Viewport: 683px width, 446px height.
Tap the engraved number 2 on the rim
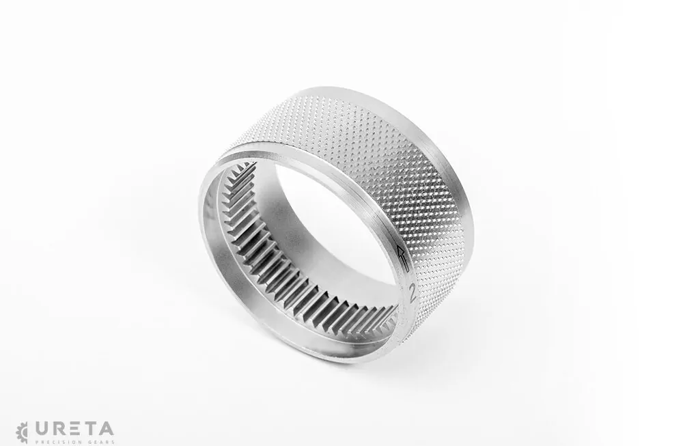(412, 294)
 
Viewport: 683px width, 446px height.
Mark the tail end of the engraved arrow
(407, 271)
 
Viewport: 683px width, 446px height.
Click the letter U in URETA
(42, 429)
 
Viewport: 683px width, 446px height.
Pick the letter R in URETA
(59, 429)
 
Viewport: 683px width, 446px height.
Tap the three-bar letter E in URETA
(74, 429)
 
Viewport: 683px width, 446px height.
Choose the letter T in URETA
(89, 429)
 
